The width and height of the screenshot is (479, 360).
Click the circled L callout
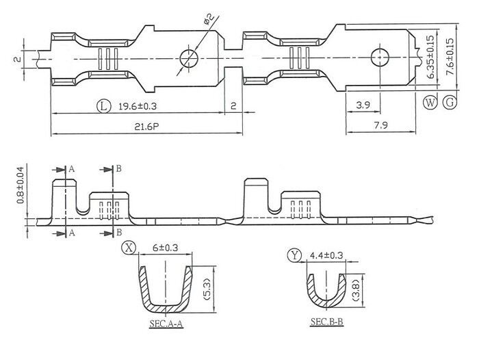pos(103,106)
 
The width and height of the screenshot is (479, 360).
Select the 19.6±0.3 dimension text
pos(138,106)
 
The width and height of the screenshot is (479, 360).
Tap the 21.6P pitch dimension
pos(146,127)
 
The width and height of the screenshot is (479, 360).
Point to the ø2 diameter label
pos(208,19)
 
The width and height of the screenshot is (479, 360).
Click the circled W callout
pos(430,103)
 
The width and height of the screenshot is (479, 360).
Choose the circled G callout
pos(450,102)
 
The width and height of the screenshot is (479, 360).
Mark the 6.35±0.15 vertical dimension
pos(430,57)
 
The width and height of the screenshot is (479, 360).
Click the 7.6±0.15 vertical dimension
pos(450,57)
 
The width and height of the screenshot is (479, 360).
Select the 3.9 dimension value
pos(363,105)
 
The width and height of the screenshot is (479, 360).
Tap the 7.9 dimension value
pos(380,125)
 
